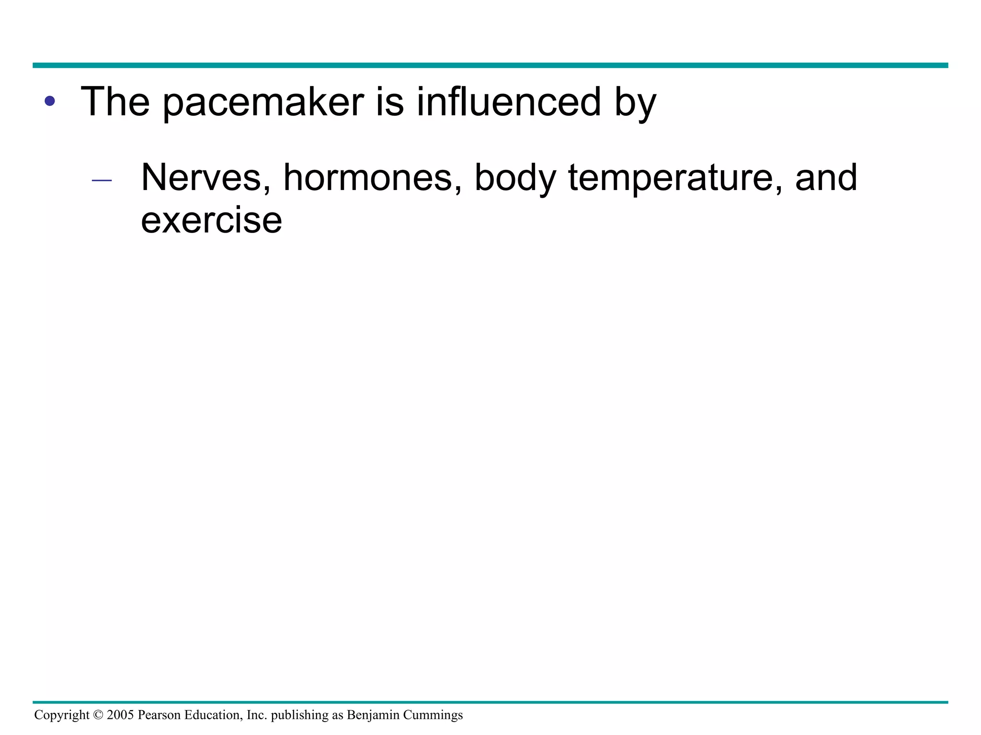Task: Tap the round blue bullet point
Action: click(50, 101)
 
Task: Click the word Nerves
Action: click(206, 178)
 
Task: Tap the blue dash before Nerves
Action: click(102, 181)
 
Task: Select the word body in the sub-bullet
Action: click(515, 178)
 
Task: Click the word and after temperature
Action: click(826, 178)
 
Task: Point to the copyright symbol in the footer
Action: click(98, 715)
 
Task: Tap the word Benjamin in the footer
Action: click(373, 715)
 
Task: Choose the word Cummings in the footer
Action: click(433, 715)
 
